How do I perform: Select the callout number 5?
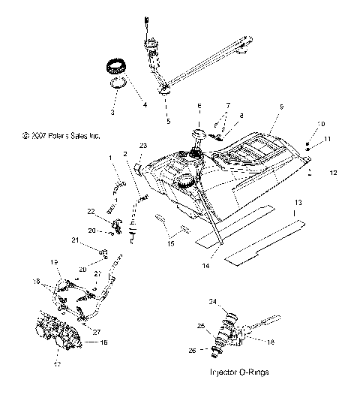pyautogui.click(x=168, y=120)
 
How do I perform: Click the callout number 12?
pyautogui.click(x=332, y=173)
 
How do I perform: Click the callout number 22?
pyautogui.click(x=110, y=213)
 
